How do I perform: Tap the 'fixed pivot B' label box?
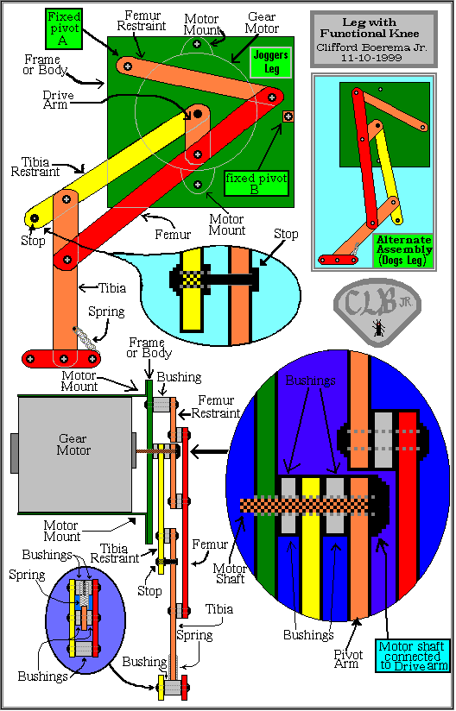pos(256,182)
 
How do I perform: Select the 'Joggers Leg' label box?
pos(271,64)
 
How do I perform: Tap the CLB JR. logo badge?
pos(377,311)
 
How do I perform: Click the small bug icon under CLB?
pos(377,328)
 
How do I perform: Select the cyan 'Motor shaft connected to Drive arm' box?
pos(412,655)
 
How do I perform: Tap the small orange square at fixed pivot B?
pos(288,116)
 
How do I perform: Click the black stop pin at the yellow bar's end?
pos(34,219)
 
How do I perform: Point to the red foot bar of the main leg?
pos(61,359)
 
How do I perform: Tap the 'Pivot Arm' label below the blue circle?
pos(349,659)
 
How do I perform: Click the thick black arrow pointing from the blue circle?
pos(209,451)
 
